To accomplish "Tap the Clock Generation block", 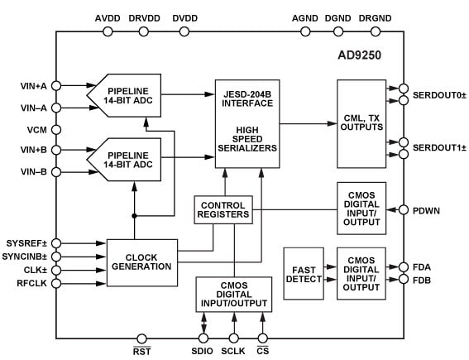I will coord(142,262).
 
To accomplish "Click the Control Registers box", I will coord(223,209).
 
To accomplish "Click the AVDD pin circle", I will coord(108,31).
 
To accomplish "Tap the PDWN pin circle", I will coord(404,209).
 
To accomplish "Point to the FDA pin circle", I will coord(404,266).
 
